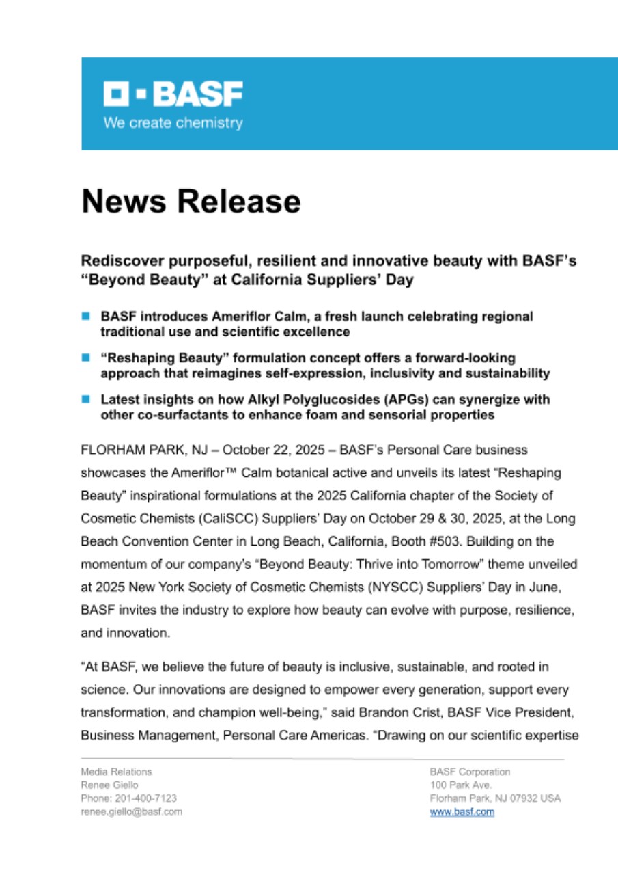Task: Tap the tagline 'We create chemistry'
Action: (173, 123)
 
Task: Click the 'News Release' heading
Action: (191, 202)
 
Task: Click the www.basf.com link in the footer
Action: (462, 812)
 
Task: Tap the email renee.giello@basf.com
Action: (132, 812)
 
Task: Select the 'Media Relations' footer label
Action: (117, 772)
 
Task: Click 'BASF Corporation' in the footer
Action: (470, 772)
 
